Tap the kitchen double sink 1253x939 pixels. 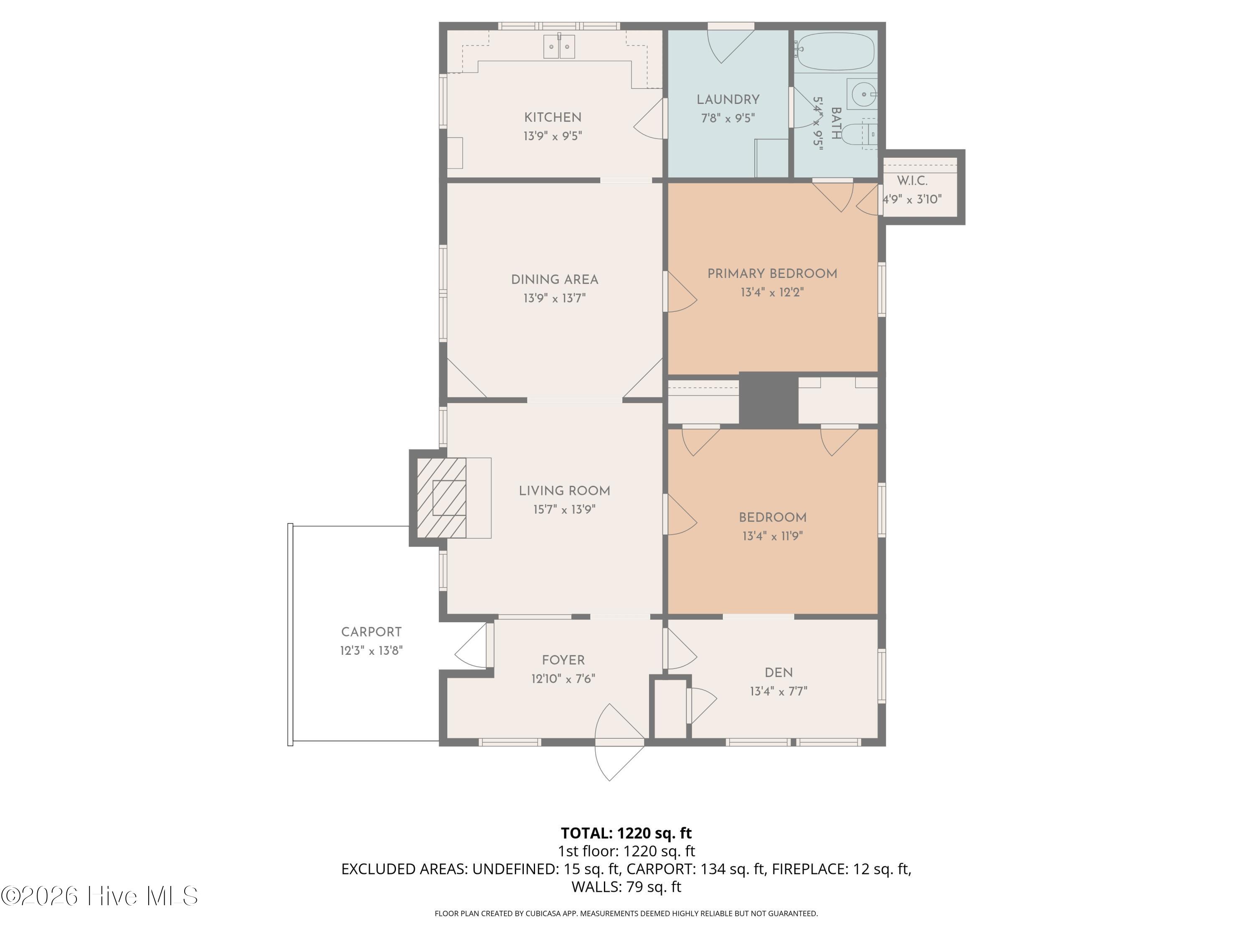tap(559, 46)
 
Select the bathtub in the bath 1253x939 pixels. tap(835, 51)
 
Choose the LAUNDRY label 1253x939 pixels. tap(728, 100)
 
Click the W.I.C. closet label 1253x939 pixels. tap(912, 181)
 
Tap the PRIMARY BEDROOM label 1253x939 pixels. tap(772, 274)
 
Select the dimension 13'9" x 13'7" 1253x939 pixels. tap(555, 298)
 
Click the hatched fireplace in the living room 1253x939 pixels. tap(442, 497)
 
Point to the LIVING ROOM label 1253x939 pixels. tap(564, 491)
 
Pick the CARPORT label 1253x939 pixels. tap(371, 632)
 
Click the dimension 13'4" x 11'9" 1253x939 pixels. tap(773, 535)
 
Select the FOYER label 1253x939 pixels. tap(563, 660)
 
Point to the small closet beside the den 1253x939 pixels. tap(670, 709)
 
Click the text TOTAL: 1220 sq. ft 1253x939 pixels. tap(626, 833)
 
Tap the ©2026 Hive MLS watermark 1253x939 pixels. tap(100, 896)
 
